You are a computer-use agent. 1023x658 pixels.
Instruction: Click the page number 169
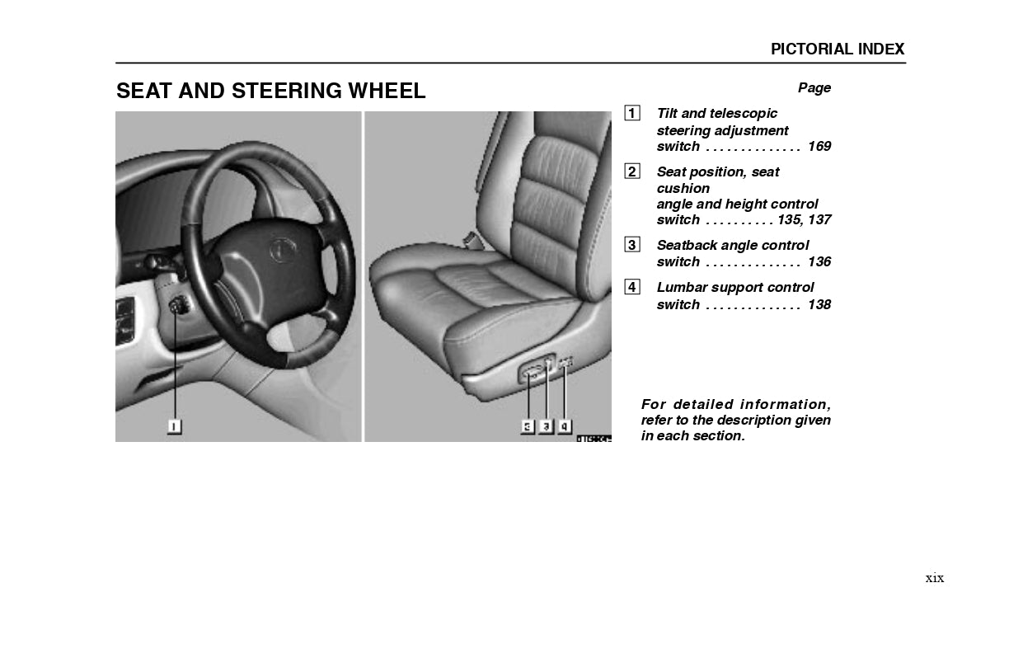819,147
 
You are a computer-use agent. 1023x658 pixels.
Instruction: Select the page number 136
819,262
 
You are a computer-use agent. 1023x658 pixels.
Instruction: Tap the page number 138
819,305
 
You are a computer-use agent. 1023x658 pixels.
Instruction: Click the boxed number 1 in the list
631,114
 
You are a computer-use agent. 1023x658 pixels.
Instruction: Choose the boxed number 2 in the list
631,172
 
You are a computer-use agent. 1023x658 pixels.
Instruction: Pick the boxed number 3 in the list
631,245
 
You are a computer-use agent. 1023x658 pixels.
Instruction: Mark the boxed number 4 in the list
631,287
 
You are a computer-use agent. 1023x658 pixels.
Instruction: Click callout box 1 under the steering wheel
174,426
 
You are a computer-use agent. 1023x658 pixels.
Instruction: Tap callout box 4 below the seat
565,426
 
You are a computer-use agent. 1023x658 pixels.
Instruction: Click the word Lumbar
681,288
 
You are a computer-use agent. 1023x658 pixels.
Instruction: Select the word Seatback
687,246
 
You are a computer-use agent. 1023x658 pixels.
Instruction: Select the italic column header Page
814,88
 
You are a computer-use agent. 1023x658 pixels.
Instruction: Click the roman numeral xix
934,578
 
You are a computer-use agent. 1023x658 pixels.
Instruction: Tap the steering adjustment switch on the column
177,308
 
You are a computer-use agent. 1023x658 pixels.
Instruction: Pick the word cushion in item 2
683,189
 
